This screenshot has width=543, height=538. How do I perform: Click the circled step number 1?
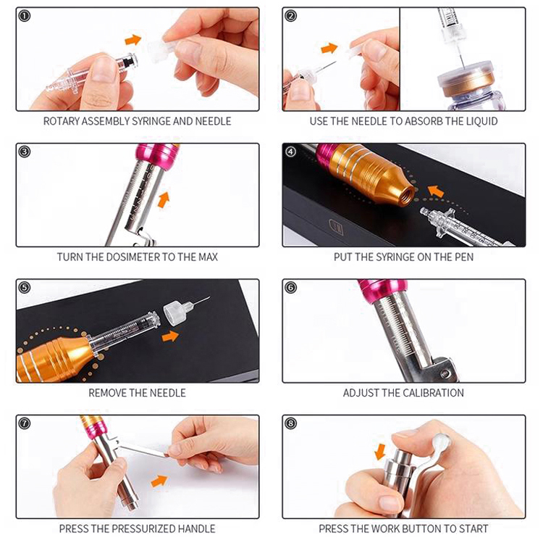[24, 16]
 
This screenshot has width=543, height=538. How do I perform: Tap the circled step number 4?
[290, 152]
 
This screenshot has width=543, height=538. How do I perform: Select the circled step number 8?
[290, 423]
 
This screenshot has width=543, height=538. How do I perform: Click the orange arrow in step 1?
[133, 40]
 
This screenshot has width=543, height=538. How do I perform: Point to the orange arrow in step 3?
[164, 200]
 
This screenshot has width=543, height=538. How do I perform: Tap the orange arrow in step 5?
[170, 336]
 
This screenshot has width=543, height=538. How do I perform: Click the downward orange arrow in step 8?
[380, 451]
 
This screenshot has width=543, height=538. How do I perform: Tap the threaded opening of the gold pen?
[408, 194]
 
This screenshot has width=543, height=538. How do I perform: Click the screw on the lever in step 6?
[445, 373]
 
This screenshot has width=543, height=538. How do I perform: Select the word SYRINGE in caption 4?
[396, 257]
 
